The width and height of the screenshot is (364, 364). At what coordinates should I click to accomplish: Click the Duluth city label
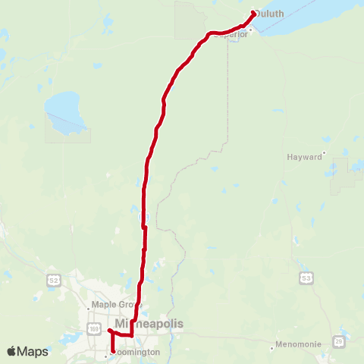(270, 13)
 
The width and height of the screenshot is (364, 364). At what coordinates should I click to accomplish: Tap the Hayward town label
(304, 157)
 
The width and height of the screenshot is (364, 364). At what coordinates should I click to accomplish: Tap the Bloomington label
(136, 353)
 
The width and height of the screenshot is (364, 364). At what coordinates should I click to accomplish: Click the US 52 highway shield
(53, 280)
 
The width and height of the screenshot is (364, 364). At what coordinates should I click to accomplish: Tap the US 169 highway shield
(93, 329)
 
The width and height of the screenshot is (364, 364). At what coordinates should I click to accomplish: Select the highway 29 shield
(337, 342)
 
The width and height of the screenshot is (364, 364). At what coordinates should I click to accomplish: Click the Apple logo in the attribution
(13, 351)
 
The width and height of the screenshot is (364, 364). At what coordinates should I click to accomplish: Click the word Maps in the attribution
(33, 351)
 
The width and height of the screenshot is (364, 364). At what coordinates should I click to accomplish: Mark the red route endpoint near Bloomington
(113, 352)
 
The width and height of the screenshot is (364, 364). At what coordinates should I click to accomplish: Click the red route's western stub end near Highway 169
(109, 331)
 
